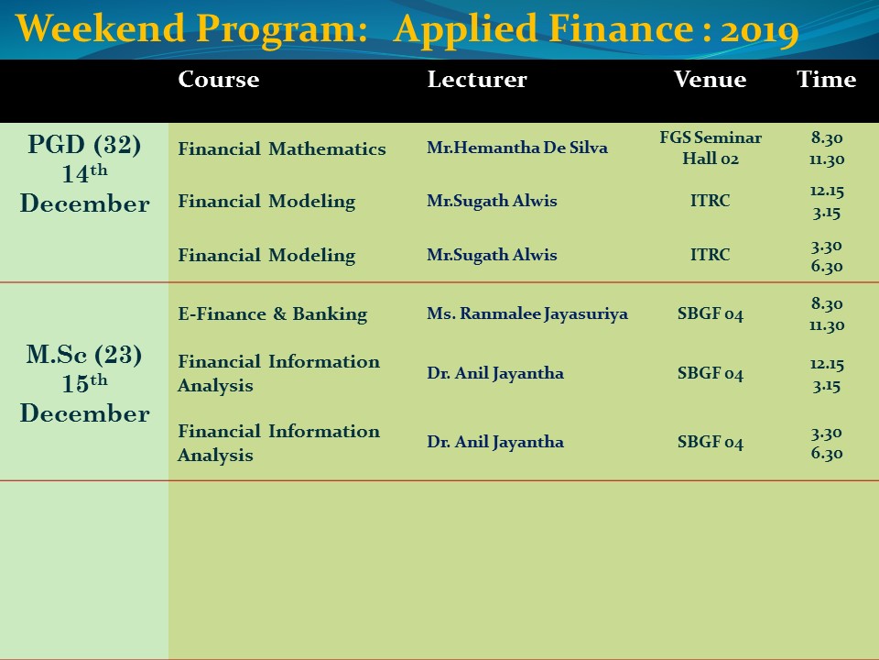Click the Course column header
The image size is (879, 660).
click(219, 79)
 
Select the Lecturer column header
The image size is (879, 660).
click(477, 79)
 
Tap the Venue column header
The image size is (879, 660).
click(710, 79)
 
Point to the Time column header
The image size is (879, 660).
click(826, 79)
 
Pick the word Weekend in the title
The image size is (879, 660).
click(100, 28)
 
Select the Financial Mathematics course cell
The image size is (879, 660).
click(282, 148)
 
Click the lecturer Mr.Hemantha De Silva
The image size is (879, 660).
click(516, 148)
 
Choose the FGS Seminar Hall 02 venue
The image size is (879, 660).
click(711, 148)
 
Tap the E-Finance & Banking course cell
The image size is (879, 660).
click(273, 313)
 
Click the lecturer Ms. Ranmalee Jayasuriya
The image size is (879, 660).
click(527, 313)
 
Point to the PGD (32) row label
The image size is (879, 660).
click(84, 145)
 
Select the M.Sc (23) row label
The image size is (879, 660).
click(84, 355)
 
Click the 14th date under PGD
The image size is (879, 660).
click(84, 173)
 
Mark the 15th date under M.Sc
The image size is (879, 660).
click(84, 383)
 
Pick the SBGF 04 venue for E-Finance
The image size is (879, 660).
click(711, 313)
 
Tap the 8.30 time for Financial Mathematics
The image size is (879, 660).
click(827, 138)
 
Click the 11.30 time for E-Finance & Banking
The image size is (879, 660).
click(827, 325)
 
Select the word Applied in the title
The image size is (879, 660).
click(466, 29)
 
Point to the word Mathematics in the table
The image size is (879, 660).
click(328, 148)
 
